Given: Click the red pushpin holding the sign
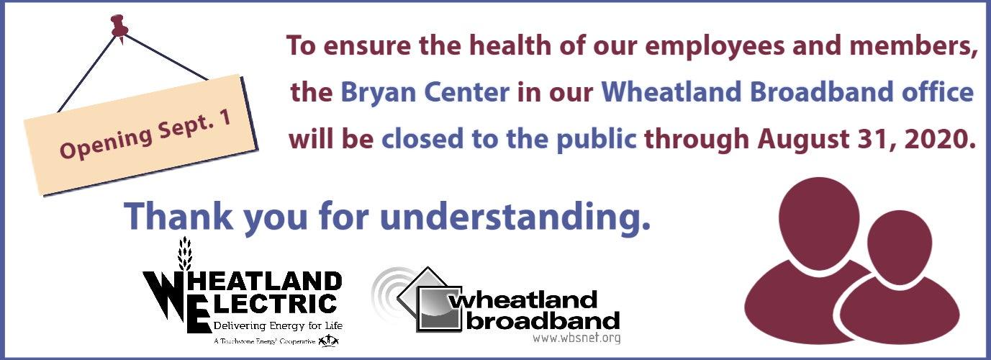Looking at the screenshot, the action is [x=119, y=26].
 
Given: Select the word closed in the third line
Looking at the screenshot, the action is [x=422, y=138].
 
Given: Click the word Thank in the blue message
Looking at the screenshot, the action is [x=178, y=216].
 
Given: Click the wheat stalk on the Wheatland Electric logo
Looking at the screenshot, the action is [x=185, y=253].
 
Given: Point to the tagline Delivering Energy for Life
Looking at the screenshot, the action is [x=278, y=326].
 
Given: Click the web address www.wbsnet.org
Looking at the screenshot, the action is [x=576, y=338].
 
